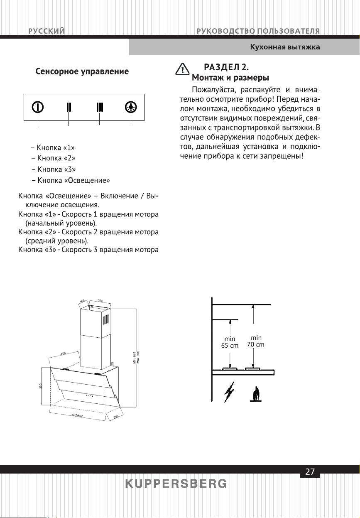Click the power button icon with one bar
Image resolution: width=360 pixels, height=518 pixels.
(x=38, y=107)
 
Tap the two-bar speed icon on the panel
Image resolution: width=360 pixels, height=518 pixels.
(x=69, y=107)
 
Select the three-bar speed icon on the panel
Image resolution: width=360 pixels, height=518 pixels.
(x=99, y=107)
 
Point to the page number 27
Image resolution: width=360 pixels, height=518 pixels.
(x=310, y=472)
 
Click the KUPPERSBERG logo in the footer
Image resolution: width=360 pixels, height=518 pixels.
(x=176, y=484)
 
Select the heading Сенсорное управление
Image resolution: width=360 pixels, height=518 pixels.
(x=82, y=71)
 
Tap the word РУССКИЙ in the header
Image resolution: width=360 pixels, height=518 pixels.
(x=47, y=31)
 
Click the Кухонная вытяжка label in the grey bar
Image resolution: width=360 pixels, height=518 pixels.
(x=284, y=47)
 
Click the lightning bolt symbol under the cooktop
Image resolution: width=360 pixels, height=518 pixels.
(x=228, y=393)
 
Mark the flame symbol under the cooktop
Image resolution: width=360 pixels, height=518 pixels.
(x=255, y=394)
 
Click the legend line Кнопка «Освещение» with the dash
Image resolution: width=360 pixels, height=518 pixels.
(x=71, y=180)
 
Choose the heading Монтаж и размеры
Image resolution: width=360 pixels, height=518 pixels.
(x=230, y=78)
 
